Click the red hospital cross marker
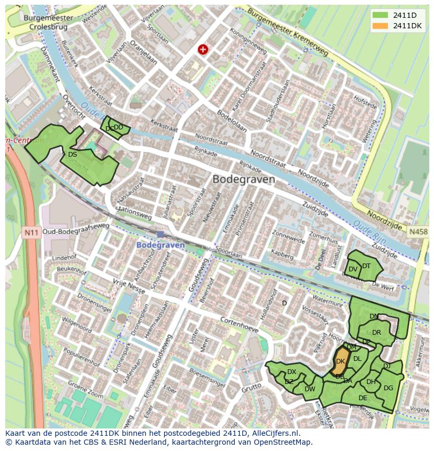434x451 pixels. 202,49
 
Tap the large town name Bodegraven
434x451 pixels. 244,179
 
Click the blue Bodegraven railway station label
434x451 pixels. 160,245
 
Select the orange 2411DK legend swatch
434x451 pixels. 381,26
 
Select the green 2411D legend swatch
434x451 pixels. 381,15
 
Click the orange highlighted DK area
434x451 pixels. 340,361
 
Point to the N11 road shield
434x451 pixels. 31,231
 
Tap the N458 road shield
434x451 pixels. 418,231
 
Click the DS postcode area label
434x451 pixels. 72,155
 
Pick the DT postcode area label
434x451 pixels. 366,266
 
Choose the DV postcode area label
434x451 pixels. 353,269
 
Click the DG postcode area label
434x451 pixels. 388,388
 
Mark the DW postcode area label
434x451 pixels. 310,389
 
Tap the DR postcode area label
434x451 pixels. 376,333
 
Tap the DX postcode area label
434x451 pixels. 291,372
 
